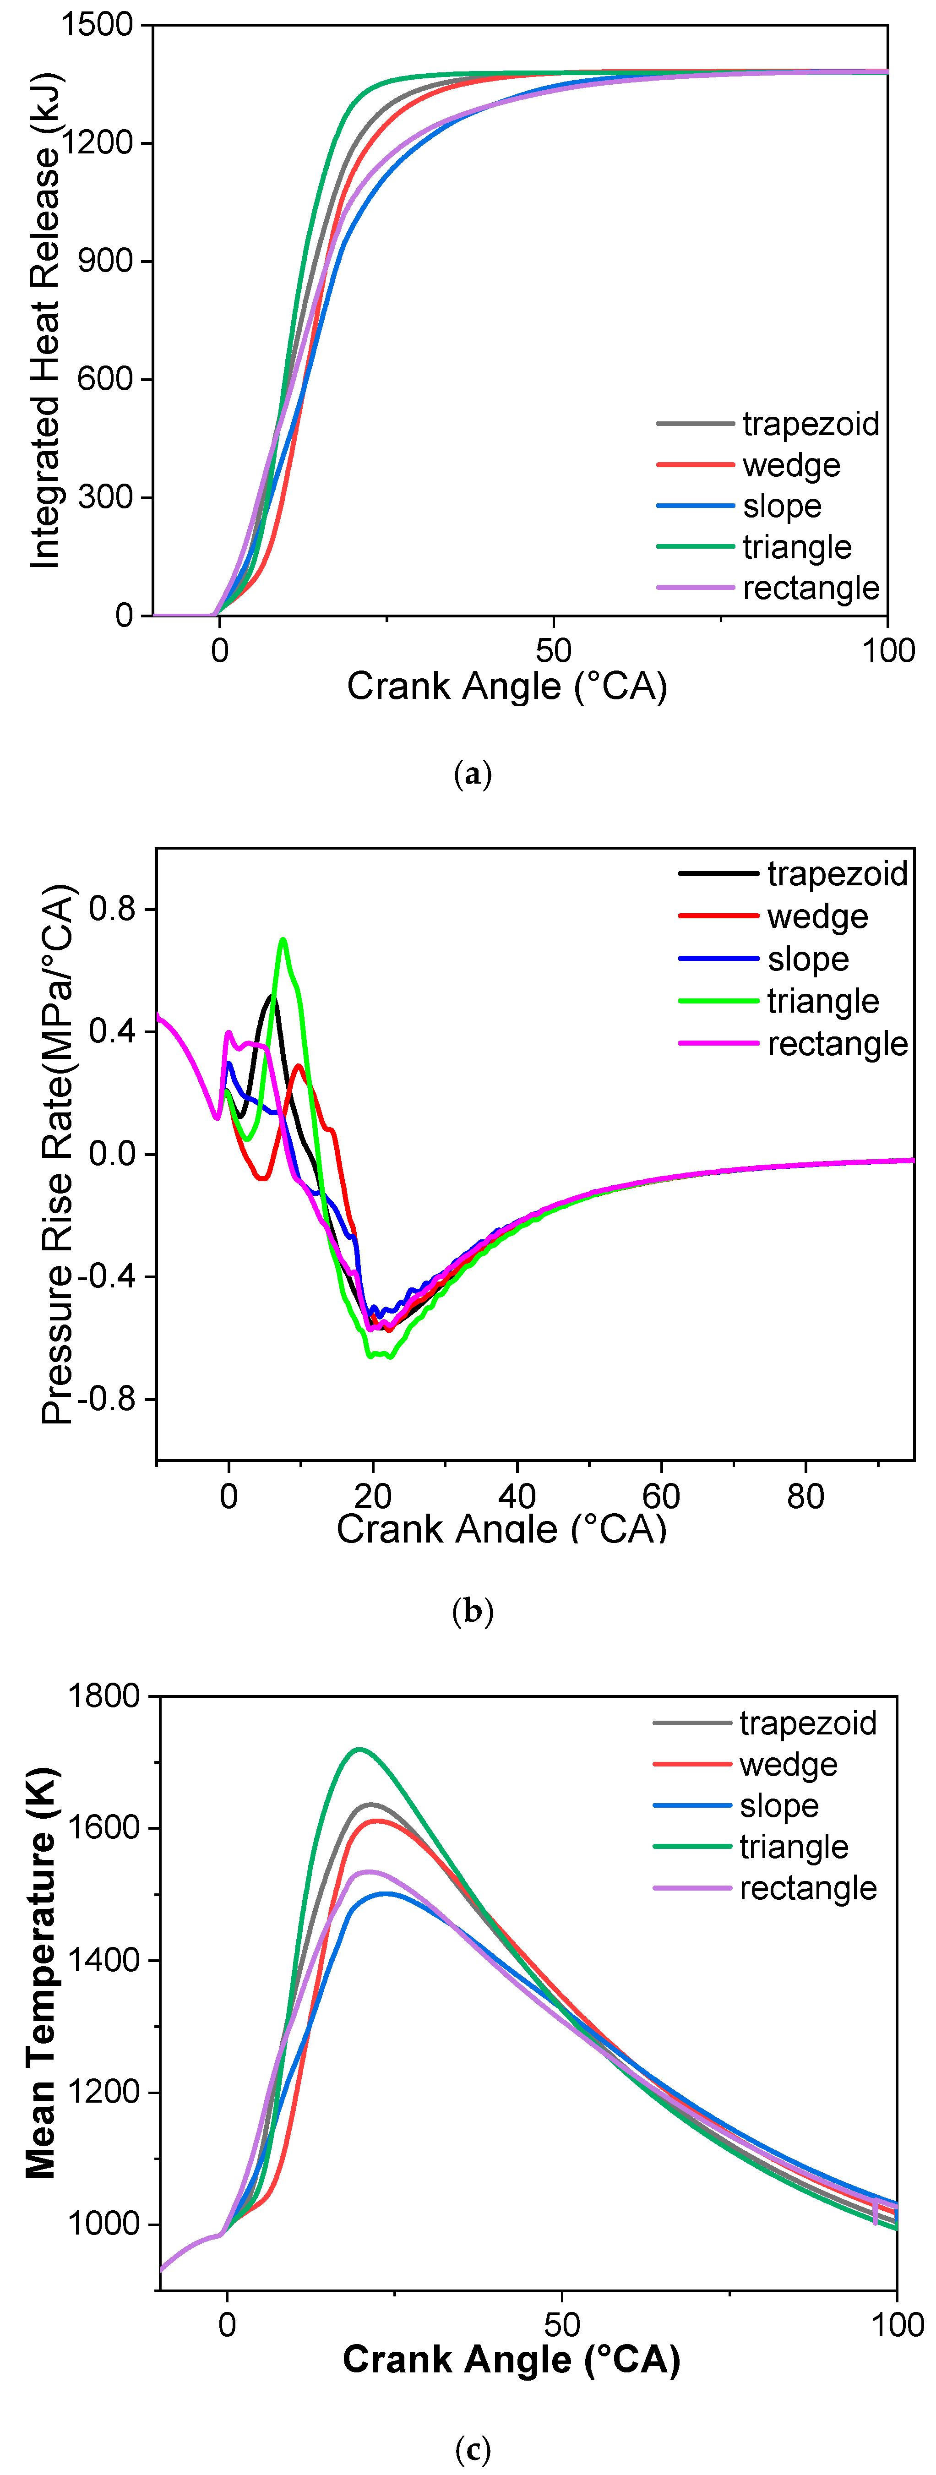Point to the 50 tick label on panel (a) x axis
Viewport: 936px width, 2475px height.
pyautogui.click(x=554, y=650)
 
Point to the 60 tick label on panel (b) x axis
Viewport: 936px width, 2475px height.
pyautogui.click(x=661, y=1496)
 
